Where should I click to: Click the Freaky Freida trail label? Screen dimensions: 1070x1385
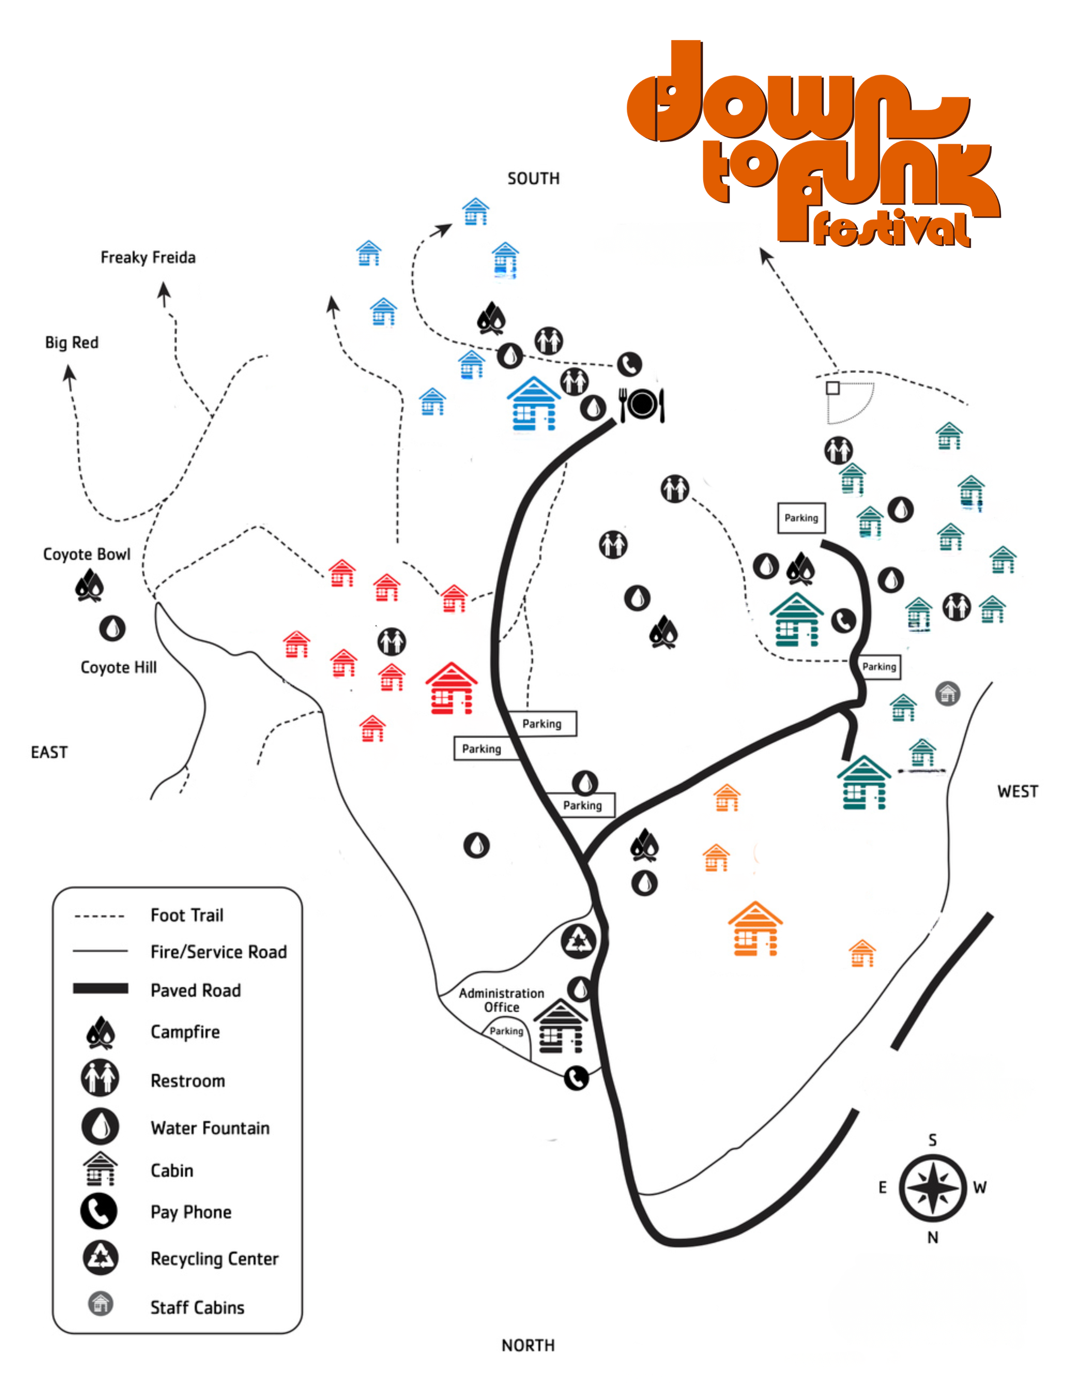point(148,257)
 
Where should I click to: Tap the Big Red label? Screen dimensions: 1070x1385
point(71,343)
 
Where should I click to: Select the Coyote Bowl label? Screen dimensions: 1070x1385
point(87,554)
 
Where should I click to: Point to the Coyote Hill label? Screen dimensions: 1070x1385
point(119,667)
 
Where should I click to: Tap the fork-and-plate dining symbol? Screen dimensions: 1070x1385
point(642,404)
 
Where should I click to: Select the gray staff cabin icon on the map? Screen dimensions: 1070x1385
point(948,693)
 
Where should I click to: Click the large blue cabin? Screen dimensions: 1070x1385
point(534,404)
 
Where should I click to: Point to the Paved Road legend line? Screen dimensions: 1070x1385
point(101,989)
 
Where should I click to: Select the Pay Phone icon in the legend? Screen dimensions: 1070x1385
point(99,1211)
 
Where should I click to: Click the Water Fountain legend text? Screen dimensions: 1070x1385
point(210,1128)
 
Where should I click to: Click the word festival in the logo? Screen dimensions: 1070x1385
point(892,229)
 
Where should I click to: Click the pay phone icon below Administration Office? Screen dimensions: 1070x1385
point(576,1078)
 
